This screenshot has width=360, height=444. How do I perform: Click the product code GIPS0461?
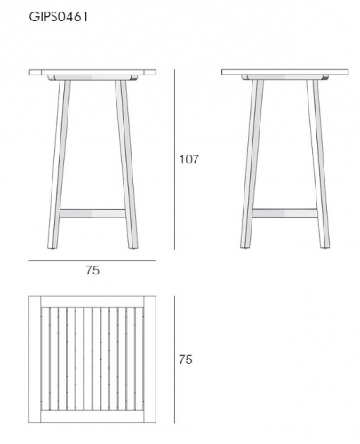coord(59,17)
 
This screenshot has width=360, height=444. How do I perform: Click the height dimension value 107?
coord(189,159)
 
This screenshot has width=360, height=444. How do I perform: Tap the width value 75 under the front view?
coord(92,270)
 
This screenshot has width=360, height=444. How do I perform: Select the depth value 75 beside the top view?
coord(186,360)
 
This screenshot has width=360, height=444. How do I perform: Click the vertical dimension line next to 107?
coord(174,159)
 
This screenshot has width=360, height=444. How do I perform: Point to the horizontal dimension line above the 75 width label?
coord(92,261)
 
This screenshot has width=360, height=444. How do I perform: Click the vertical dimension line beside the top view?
coord(174,359)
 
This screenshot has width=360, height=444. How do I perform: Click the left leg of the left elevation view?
coord(59,164)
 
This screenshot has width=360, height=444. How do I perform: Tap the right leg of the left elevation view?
coord(126,164)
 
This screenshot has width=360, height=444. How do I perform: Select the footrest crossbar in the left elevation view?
coord(92,213)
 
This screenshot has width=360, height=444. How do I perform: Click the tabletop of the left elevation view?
coord(92,73)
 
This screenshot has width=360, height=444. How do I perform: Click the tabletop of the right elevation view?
coord(284,72)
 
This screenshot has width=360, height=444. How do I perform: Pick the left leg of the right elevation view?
coord(252,163)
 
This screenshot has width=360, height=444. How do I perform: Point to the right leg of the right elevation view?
coord(317,163)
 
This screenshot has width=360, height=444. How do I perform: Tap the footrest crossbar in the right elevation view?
coord(284,213)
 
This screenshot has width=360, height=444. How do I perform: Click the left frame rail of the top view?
coord(35,359)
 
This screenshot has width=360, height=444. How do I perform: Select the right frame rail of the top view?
coord(150,359)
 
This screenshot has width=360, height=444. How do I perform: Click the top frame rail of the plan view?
coord(92,302)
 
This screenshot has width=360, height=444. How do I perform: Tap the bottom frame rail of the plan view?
coord(92,416)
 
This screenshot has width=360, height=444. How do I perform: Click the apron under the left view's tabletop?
coord(92,78)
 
